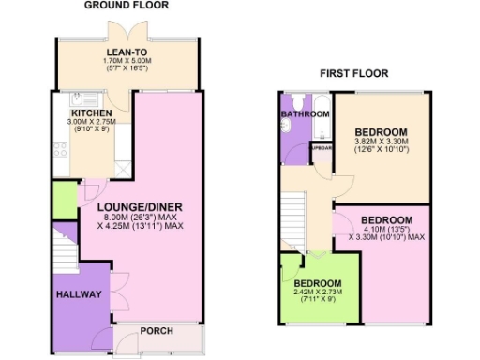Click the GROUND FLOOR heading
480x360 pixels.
pos(126,6)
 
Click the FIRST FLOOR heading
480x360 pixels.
pos(354,73)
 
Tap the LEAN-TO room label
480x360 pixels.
pos(126,53)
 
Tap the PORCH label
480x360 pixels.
pos(156,331)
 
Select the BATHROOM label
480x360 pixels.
pos(305,113)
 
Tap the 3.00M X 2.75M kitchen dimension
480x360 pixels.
pos(92,122)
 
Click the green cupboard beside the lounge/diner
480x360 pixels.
pos(64,200)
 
